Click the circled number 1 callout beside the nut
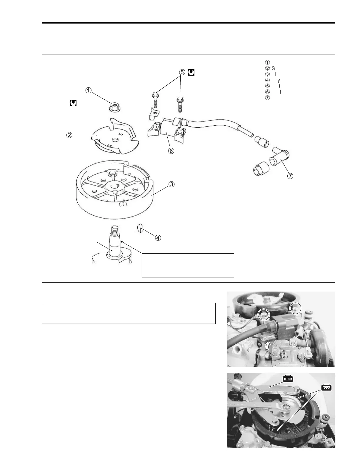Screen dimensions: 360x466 (88, 90)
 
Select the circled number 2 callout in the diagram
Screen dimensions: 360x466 (69, 135)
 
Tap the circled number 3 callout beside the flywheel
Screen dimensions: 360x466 (171, 184)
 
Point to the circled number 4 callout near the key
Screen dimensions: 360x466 (158, 237)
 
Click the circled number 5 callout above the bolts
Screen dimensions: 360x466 (182, 72)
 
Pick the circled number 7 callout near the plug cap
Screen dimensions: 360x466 (290, 176)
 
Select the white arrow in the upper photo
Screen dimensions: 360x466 (267, 345)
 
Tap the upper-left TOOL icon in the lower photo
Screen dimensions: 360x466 (288, 379)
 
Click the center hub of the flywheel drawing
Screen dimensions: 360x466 (115, 187)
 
